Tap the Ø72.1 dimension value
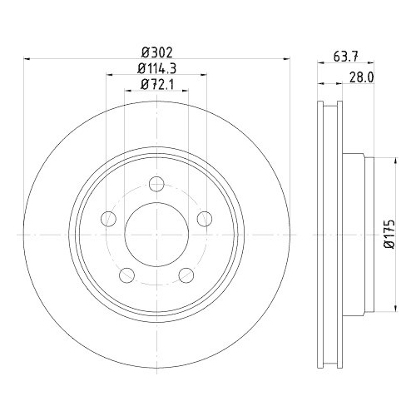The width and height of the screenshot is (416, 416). point(156,85)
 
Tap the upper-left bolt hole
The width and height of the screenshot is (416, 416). point(108,219)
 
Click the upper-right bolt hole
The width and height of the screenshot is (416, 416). point(205,219)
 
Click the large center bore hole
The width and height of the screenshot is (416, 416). point(156,234)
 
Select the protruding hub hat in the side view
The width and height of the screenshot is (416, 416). point(356,235)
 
